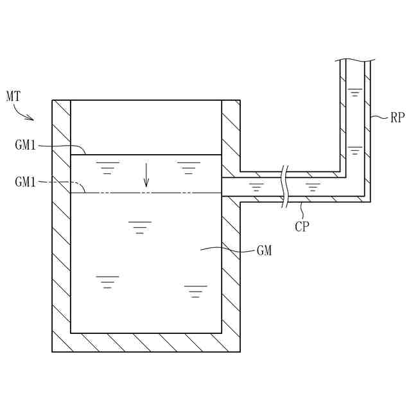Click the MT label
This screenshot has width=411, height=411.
pos(13,97)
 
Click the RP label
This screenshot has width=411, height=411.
pos(398,118)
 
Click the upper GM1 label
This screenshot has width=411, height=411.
pos(26,145)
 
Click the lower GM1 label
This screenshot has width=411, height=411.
pos(26,182)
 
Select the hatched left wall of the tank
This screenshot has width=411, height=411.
pos(61,225)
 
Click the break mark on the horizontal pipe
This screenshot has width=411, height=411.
pos(284,186)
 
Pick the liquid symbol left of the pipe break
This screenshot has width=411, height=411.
pos(256,188)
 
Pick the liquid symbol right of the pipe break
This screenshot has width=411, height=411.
pos(313,188)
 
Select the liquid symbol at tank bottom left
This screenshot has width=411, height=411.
pos(107,281)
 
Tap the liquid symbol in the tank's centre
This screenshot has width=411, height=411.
pos(139,227)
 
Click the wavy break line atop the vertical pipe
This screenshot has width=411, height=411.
pos(354,60)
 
